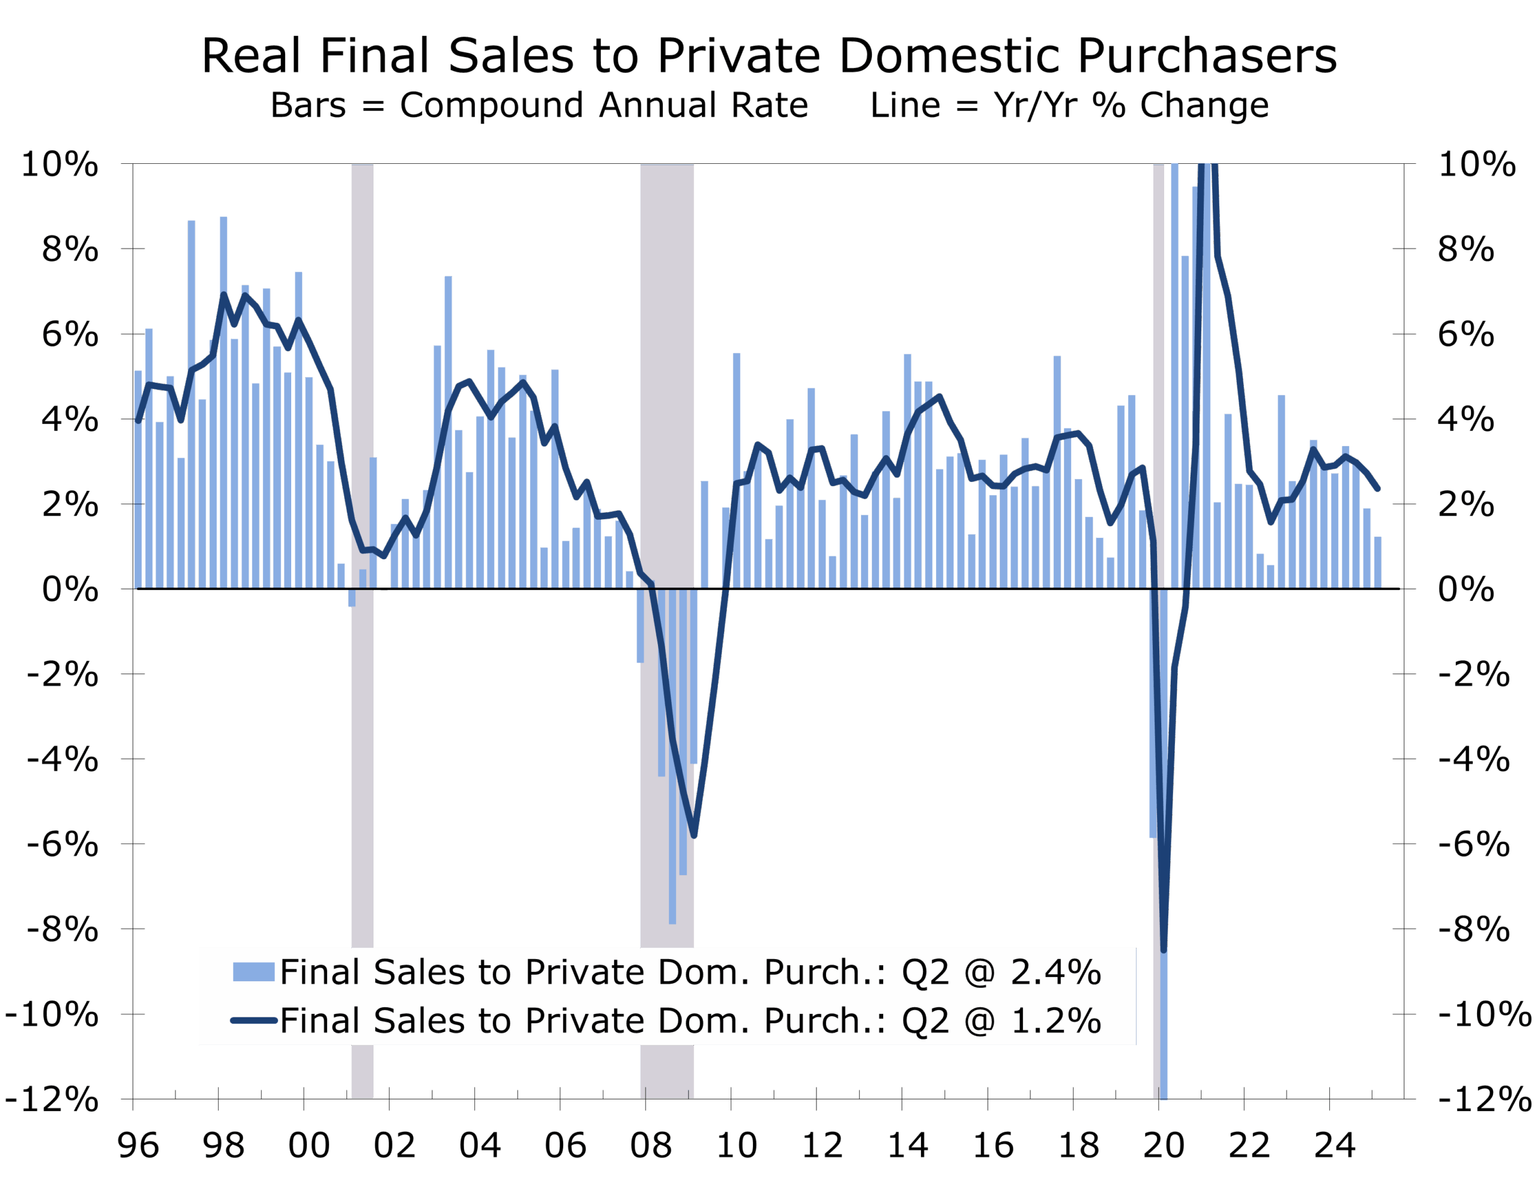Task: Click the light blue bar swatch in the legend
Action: click(x=253, y=972)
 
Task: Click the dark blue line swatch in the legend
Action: click(x=253, y=1020)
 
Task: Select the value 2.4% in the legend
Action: click(x=1055, y=972)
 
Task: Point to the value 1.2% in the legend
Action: click(x=1055, y=1020)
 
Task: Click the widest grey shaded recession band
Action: click(x=666, y=351)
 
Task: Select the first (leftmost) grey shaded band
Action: click(x=362, y=351)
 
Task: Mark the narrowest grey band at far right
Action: click(x=1158, y=351)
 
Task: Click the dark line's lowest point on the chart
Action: click(x=1164, y=950)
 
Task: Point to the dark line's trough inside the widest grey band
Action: click(x=694, y=836)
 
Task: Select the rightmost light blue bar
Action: click(x=1377, y=562)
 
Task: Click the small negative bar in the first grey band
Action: click(x=352, y=597)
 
